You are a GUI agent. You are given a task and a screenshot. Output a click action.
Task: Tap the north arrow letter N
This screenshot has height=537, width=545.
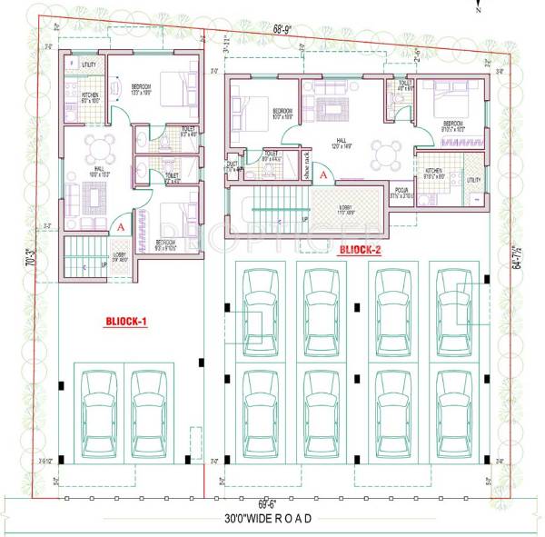[478, 12]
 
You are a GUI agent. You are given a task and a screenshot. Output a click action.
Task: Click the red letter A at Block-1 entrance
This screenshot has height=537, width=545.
[121, 226]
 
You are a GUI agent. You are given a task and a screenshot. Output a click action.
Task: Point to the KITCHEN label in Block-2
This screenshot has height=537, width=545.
[433, 171]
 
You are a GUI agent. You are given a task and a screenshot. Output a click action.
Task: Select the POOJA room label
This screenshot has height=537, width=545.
[401, 194]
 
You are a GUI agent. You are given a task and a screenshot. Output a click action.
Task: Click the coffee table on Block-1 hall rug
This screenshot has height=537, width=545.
[94, 196]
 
